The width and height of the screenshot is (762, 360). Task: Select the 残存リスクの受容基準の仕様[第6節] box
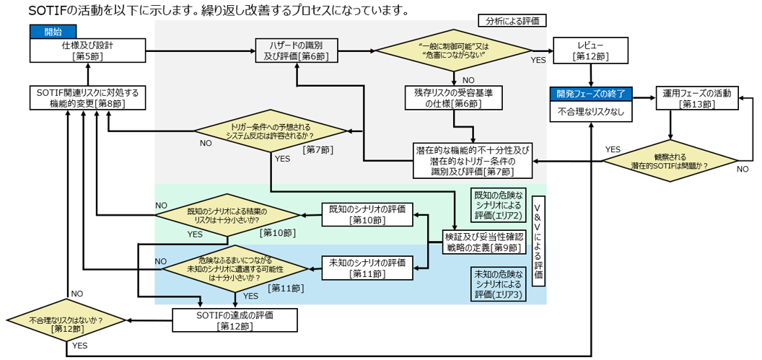[452, 99]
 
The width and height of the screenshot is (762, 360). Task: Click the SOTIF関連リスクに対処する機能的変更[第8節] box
[87, 98]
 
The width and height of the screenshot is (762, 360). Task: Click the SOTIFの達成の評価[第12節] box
[235, 320]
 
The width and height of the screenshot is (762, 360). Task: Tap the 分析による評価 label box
[512, 21]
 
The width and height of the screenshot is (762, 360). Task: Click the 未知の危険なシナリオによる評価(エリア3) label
[499, 284]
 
